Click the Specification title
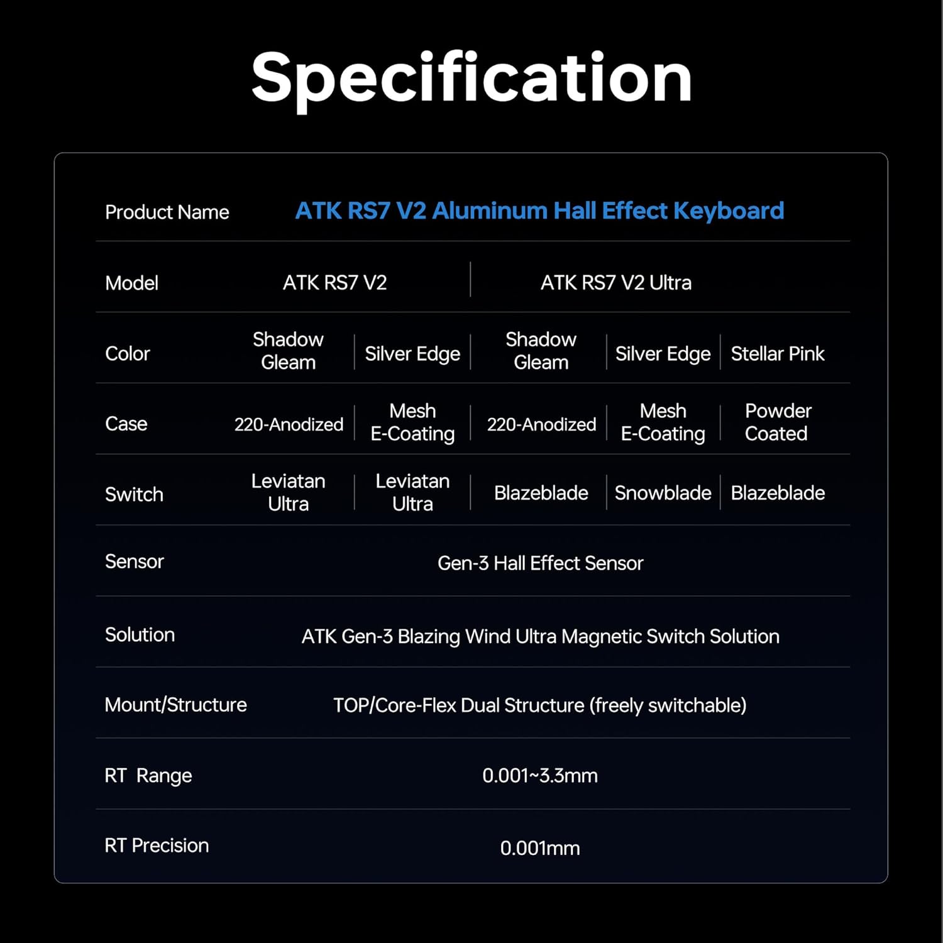[x=472, y=78]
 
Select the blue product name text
[x=539, y=211]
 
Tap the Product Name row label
[x=167, y=212]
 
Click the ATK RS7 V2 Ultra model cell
[x=615, y=283]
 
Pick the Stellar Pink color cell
[x=777, y=354]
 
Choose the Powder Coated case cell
[x=778, y=422]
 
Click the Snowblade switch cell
[x=663, y=493]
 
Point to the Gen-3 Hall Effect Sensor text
[x=540, y=563]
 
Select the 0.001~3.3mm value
[x=539, y=776]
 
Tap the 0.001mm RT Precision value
[x=539, y=848]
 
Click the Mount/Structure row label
[x=175, y=705]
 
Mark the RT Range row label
[x=148, y=776]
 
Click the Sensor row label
[x=134, y=561]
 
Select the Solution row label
[x=140, y=635]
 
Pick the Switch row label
[x=134, y=495]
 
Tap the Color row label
[x=127, y=354]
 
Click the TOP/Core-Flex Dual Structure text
[x=539, y=705]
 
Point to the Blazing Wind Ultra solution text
[x=540, y=637]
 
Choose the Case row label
[x=126, y=424]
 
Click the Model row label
[x=131, y=284]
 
